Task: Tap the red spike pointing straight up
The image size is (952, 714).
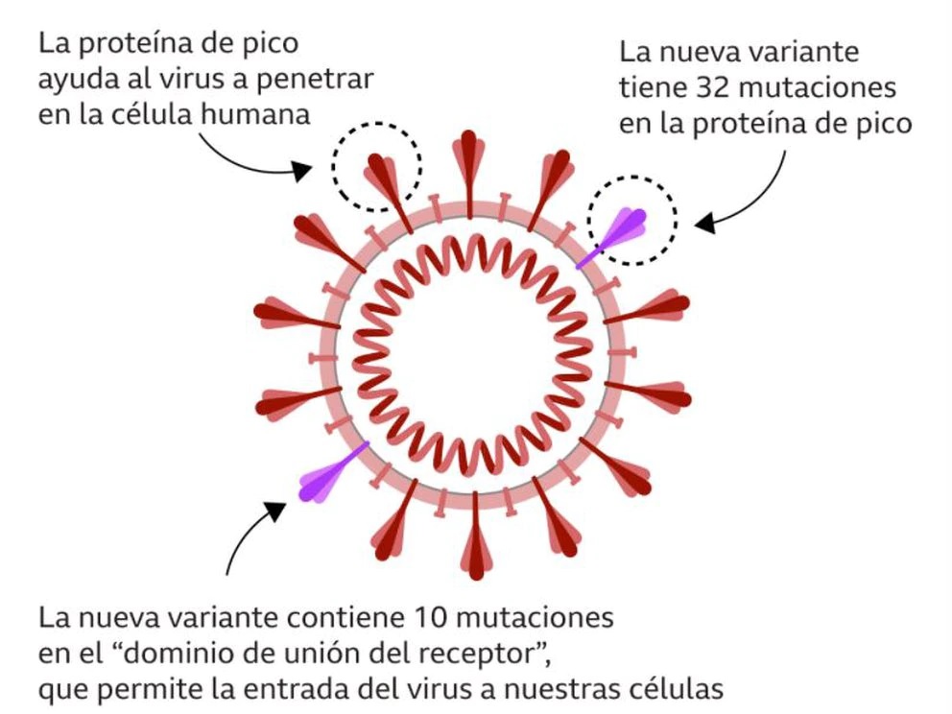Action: click(469, 154)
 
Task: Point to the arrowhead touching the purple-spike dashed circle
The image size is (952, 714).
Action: click(703, 225)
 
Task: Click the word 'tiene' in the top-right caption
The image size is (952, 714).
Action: click(652, 87)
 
